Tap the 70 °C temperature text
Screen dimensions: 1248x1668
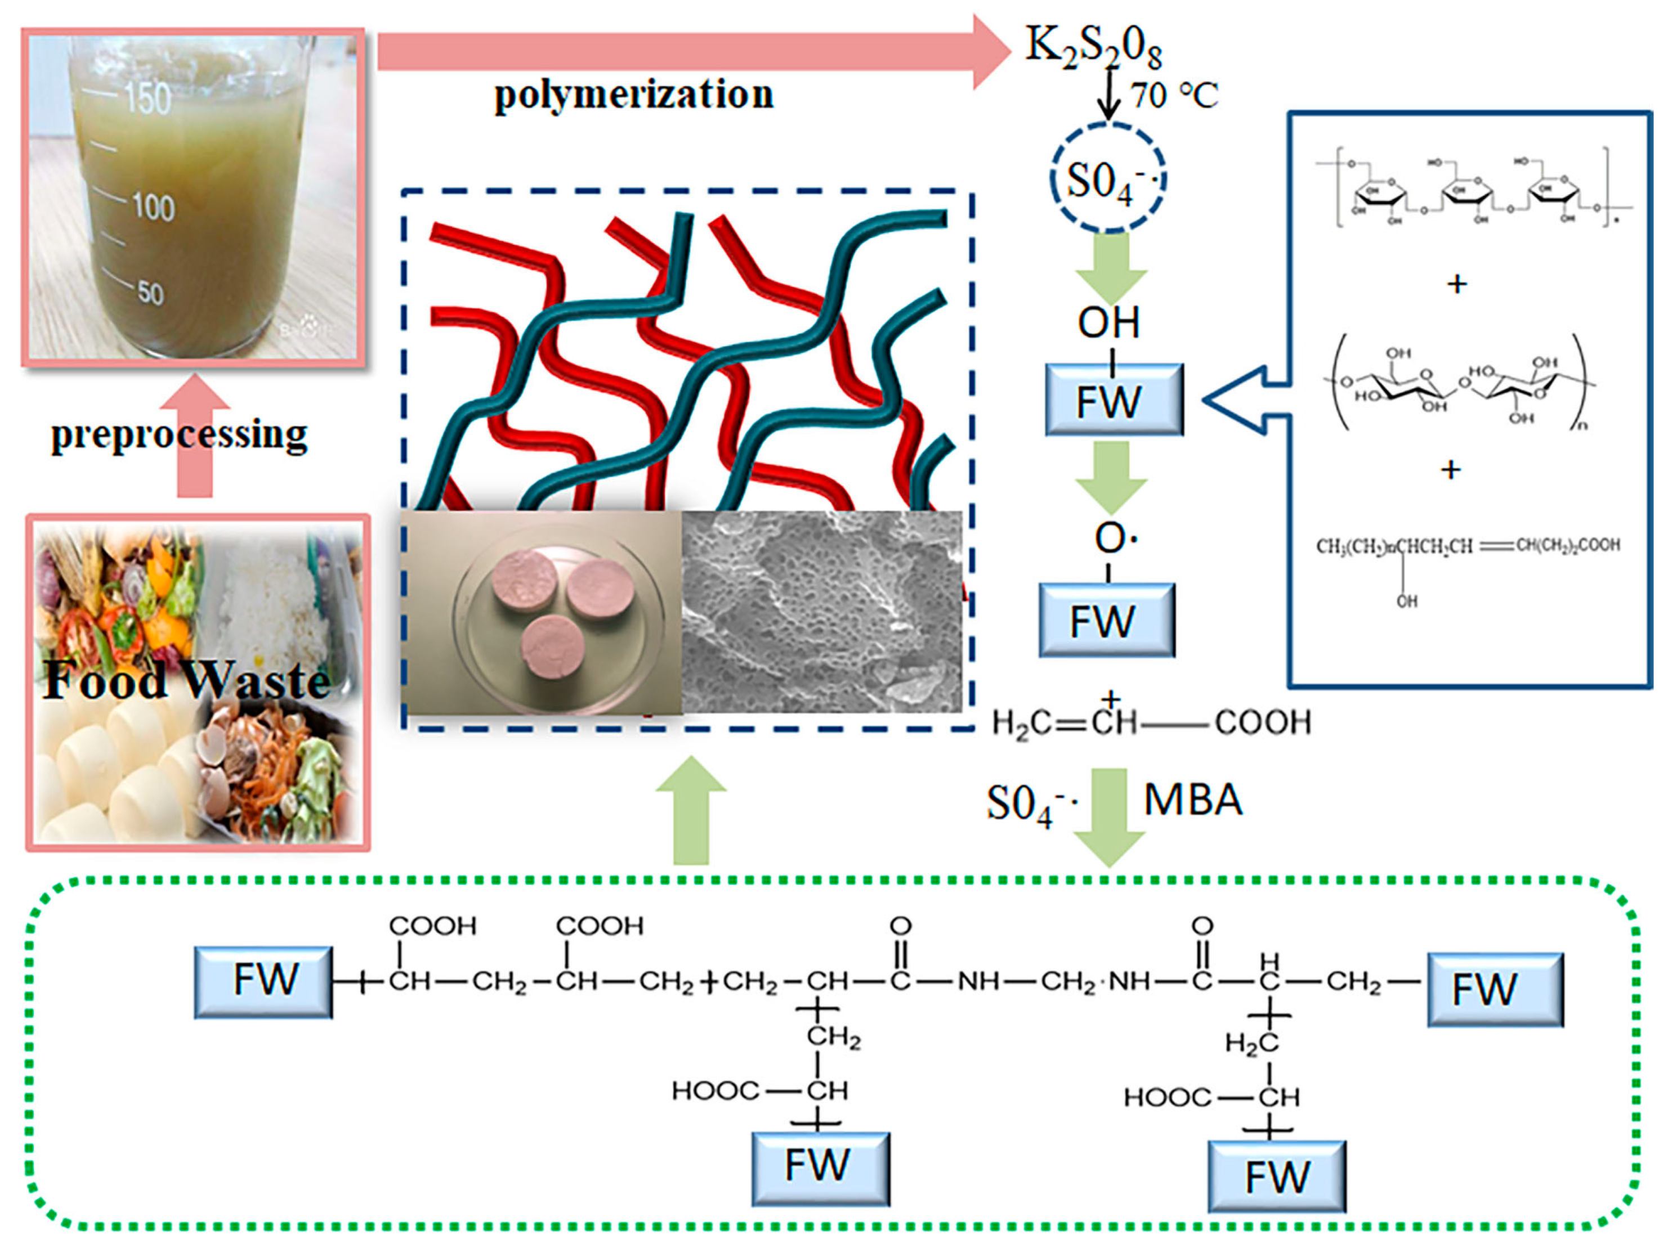point(1173,96)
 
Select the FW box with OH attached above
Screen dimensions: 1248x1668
point(1113,399)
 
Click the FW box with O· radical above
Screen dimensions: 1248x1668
point(1106,619)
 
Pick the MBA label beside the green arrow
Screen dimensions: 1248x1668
point(1193,800)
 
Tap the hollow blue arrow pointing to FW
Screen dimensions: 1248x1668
point(1244,400)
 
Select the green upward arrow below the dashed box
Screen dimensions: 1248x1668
point(691,810)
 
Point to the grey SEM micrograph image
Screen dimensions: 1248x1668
point(822,612)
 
